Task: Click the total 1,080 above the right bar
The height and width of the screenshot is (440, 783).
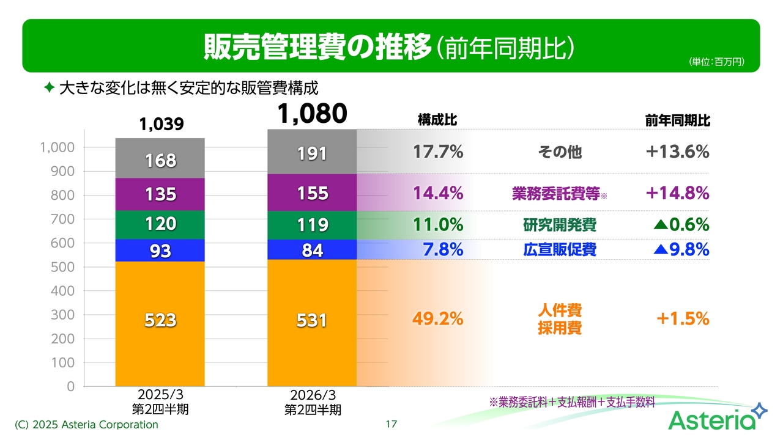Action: click(x=312, y=114)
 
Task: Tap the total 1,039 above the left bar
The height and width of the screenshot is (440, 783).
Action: click(x=161, y=125)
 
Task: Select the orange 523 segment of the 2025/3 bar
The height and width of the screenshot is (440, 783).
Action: click(x=160, y=320)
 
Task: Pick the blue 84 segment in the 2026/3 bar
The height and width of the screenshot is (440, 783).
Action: click(x=312, y=250)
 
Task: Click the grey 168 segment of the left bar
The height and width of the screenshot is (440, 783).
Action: click(x=160, y=160)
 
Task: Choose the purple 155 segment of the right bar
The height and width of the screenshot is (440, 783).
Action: click(x=312, y=194)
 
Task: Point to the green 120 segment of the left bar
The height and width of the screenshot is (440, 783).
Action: click(x=160, y=224)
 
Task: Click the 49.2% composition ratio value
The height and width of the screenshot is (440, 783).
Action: click(x=437, y=318)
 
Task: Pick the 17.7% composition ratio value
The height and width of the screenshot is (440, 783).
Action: click(x=437, y=152)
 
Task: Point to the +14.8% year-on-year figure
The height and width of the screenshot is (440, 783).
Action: click(x=677, y=194)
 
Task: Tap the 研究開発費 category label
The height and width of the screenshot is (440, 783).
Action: click(x=559, y=226)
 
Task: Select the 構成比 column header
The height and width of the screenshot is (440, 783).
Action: click(x=437, y=120)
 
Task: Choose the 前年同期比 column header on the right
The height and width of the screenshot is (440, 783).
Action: click(x=677, y=121)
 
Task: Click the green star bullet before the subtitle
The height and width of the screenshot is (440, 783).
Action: click(x=50, y=89)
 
